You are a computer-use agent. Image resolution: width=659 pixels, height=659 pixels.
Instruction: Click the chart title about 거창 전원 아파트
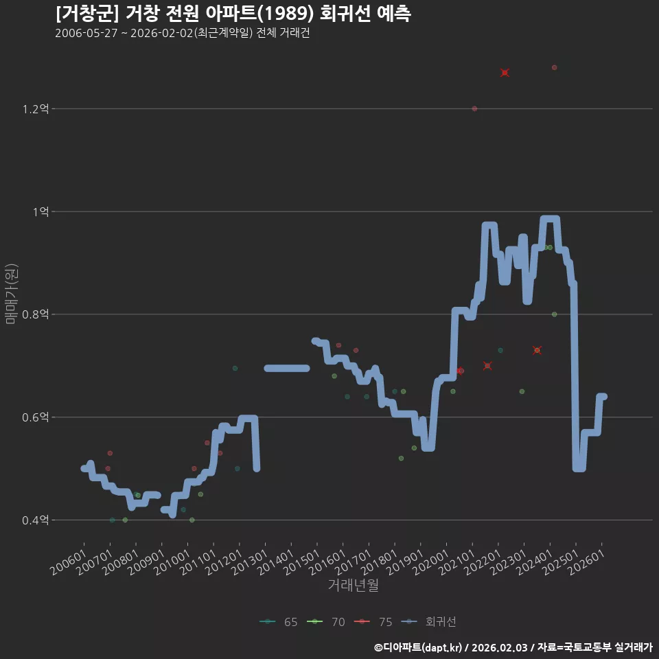pyautogui.click(x=233, y=14)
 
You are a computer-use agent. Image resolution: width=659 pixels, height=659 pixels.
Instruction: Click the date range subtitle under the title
pyautogui.click(x=183, y=33)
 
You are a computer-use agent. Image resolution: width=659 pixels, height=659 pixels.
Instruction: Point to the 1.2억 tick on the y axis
pyautogui.click(x=36, y=109)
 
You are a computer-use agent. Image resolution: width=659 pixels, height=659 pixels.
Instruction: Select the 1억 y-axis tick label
pyautogui.click(x=41, y=212)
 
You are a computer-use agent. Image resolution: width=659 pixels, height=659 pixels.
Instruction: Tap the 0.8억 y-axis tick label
pyautogui.click(x=36, y=314)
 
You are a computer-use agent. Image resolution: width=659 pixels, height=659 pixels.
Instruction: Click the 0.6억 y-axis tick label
pyautogui.click(x=36, y=417)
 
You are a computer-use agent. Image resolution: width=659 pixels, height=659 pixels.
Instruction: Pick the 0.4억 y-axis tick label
pyautogui.click(x=36, y=520)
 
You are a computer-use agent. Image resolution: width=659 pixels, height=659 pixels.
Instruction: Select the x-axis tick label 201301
pyautogui.click(x=251, y=562)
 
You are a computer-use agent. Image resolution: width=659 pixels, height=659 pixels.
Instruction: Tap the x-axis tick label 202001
pyautogui.click(x=432, y=562)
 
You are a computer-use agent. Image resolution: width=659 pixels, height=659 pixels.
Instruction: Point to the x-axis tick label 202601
pyautogui.click(x=587, y=562)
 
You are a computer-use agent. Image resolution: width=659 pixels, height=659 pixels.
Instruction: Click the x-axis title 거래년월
pyautogui.click(x=353, y=585)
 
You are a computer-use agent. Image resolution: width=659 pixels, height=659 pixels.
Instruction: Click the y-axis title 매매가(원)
pyautogui.click(x=12, y=294)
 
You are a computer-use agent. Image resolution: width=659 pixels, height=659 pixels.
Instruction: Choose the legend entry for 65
pyautogui.click(x=279, y=622)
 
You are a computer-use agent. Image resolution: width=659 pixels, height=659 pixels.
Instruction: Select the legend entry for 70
pyautogui.click(x=326, y=622)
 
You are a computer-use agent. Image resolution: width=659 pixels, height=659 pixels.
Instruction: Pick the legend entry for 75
pyautogui.click(x=373, y=622)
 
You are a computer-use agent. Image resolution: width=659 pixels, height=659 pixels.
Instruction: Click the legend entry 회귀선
pyautogui.click(x=428, y=622)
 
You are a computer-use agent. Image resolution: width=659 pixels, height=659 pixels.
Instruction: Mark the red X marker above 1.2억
pyautogui.click(x=505, y=73)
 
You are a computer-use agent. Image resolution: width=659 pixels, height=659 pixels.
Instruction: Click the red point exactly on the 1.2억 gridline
pyautogui.click(x=474, y=109)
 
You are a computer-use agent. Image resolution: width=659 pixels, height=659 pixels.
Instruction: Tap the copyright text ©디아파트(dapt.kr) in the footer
pyautogui.click(x=418, y=647)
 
